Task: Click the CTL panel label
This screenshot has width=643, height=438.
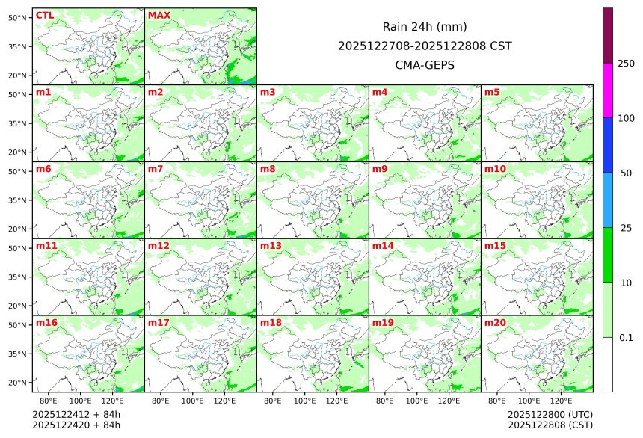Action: click(45, 16)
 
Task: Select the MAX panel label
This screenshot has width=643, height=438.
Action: click(159, 16)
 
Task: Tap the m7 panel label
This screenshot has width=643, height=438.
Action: click(156, 169)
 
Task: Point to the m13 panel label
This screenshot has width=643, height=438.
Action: click(271, 246)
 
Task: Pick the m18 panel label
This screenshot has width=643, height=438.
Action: click(271, 323)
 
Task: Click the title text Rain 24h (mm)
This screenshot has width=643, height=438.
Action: click(425, 27)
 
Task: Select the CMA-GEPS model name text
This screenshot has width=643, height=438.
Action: click(425, 65)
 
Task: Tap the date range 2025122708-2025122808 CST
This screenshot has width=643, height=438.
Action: click(425, 46)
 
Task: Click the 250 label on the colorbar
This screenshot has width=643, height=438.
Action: click(626, 63)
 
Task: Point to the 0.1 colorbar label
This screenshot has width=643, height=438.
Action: click(626, 337)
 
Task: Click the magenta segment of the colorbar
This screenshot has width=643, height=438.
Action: click(608, 90)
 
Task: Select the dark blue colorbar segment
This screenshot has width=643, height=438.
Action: click(608, 145)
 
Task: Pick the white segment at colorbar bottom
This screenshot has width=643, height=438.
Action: click(608, 364)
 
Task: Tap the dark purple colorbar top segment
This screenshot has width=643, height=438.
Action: click(608, 35)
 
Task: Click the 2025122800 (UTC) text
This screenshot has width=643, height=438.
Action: click(550, 415)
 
